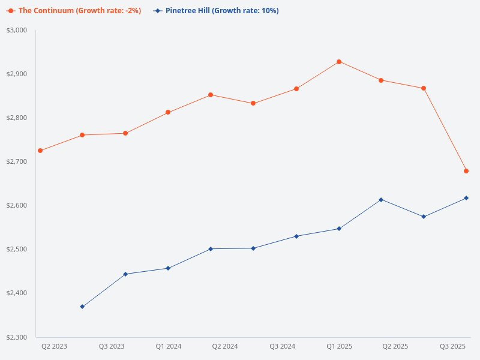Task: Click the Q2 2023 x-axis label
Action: [54, 346]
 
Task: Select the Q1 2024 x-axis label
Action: [169, 346]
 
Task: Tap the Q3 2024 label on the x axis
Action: [282, 346]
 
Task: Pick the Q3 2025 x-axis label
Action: [453, 346]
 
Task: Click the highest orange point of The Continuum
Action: [339, 62]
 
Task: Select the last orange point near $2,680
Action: [466, 171]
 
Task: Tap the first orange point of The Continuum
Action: [40, 151]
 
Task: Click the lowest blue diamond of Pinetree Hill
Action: [82, 307]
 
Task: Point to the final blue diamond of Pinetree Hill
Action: [466, 198]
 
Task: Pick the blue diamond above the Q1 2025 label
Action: [339, 229]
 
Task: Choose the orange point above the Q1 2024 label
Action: [168, 112]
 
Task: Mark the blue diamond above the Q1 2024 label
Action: [168, 268]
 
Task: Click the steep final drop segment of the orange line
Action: [445, 130]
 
